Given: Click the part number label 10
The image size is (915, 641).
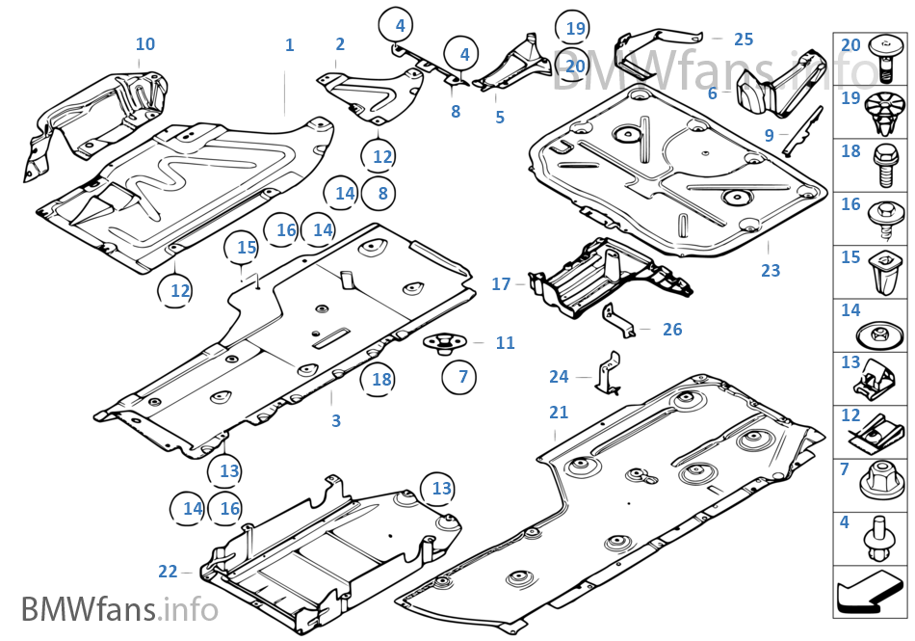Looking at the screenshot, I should (145, 44).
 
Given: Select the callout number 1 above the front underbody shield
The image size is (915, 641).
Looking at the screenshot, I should (289, 45).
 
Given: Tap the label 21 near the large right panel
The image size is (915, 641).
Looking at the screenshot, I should (559, 413).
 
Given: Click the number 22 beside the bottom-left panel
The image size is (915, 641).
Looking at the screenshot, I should (168, 572).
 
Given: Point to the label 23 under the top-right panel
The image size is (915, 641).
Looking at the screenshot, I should (771, 271).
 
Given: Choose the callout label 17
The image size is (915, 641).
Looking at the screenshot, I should (501, 284).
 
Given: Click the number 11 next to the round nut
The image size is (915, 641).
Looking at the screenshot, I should (506, 343).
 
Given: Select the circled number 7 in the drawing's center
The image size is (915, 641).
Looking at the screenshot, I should (463, 376).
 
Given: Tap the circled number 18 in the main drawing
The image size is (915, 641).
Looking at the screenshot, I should (382, 380).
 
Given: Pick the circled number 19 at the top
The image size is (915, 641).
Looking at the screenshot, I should (575, 29).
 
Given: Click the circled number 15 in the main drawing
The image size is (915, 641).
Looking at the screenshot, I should (247, 248).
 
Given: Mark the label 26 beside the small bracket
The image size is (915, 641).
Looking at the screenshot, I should (672, 330).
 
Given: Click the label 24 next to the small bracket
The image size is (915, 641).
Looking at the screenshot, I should (560, 377).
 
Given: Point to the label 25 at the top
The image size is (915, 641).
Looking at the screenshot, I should (744, 40).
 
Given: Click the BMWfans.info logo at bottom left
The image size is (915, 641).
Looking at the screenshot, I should (119, 609).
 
